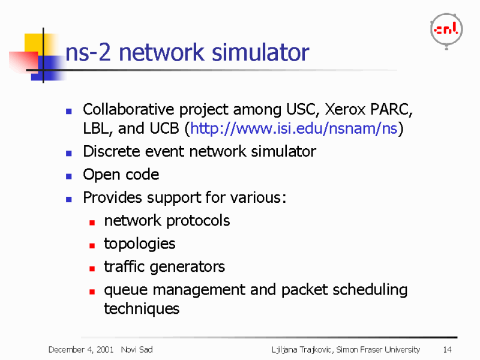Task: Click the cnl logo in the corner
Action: (x=446, y=29)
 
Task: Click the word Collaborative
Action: (x=122, y=109)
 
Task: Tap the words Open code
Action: (x=121, y=175)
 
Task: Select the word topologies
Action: (x=139, y=244)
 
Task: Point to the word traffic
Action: (x=121, y=266)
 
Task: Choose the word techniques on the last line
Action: (x=142, y=309)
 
